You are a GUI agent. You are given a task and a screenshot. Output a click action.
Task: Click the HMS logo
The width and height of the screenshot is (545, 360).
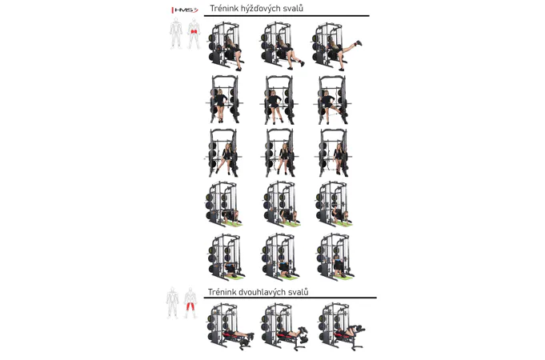185,10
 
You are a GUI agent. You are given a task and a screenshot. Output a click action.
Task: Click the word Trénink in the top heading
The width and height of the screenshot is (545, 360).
224,8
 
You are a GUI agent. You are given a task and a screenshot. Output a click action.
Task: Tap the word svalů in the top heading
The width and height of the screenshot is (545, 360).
295,8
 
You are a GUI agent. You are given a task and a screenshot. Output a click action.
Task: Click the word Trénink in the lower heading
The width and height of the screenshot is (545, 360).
222,292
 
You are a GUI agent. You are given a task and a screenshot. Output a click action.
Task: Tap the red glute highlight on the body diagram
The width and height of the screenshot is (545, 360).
194,32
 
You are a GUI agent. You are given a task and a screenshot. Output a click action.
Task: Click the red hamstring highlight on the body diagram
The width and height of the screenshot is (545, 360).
190,306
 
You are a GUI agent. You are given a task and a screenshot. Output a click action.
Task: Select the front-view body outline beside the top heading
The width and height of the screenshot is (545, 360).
176,34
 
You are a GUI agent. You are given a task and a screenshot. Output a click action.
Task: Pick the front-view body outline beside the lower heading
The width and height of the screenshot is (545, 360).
172,303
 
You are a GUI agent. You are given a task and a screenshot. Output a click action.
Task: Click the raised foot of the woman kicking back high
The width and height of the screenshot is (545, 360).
359,43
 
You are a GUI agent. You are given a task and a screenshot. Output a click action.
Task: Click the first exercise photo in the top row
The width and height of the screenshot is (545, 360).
226,46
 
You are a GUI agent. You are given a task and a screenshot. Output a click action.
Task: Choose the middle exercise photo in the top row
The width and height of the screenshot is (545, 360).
283,46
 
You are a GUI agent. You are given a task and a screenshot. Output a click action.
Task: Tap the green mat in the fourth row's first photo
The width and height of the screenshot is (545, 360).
233,224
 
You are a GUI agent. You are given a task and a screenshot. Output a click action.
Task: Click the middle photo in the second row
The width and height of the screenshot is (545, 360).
279,100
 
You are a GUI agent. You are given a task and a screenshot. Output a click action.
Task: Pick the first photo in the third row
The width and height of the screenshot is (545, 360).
223,153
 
